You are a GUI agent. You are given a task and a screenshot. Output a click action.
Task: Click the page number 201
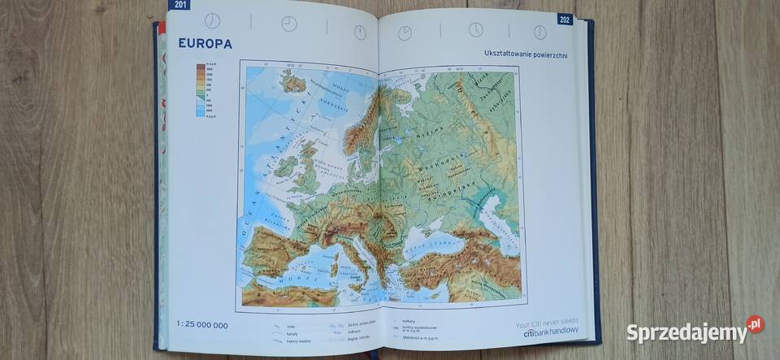pyautogui.click(x=178, y=5)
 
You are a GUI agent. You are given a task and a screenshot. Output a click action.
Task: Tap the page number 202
pyautogui.click(x=565, y=19)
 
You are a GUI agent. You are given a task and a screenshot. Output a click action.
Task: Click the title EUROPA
pyautogui.click(x=205, y=44)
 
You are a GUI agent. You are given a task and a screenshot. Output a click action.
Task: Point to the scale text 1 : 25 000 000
pyautogui.click(x=202, y=325)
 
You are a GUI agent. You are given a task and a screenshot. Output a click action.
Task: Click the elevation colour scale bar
pyautogui.click(x=200, y=90)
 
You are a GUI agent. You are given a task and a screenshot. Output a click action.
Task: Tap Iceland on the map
pyautogui.click(x=293, y=81)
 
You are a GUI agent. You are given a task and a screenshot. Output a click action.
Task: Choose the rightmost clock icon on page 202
pyautogui.click(x=539, y=32)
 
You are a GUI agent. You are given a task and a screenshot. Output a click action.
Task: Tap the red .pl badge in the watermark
pyautogui.click(x=755, y=324)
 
